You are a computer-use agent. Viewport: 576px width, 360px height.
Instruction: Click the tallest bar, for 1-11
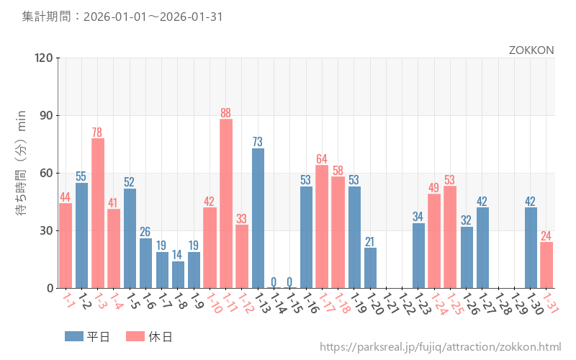click(x=226, y=204)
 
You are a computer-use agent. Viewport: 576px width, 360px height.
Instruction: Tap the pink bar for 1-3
click(x=98, y=213)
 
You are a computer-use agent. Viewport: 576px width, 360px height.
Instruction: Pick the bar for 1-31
click(x=547, y=265)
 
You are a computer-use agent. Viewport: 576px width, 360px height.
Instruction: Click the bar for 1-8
click(x=178, y=274)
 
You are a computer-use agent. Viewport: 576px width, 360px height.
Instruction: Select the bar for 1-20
click(x=370, y=268)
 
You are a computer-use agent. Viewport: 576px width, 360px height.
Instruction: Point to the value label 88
click(x=226, y=113)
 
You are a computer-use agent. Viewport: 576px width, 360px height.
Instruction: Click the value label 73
click(x=258, y=142)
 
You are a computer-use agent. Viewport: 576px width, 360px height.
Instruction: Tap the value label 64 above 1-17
click(x=322, y=159)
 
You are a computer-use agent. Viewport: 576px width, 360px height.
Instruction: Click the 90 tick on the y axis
click(x=45, y=115)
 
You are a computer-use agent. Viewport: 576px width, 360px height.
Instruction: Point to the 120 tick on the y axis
click(x=42, y=58)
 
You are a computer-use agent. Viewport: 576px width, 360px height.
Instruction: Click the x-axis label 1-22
click(x=405, y=303)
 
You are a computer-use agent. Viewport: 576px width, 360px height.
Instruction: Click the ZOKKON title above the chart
click(x=531, y=50)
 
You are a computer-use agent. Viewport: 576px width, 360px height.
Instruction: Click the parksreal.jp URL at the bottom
click(x=440, y=347)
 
